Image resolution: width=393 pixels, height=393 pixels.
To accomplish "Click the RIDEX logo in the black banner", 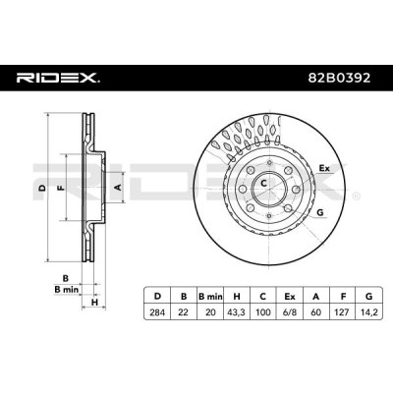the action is (x=58, y=78).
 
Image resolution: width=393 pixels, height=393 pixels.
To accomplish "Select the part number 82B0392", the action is (x=340, y=78).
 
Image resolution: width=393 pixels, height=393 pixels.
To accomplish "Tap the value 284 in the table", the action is (x=157, y=312).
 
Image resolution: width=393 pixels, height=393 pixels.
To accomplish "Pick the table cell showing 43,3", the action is (x=236, y=312).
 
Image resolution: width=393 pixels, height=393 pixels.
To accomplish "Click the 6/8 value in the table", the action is (x=289, y=312).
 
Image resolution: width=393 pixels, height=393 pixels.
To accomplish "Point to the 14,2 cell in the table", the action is (x=368, y=312).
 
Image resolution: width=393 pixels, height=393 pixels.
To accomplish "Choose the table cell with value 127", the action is (x=342, y=312).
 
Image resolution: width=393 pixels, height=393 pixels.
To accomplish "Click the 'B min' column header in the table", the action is (x=210, y=297).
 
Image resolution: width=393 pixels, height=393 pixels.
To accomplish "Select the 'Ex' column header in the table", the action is (x=289, y=297).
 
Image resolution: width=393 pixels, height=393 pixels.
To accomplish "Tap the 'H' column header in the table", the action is (x=237, y=297).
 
